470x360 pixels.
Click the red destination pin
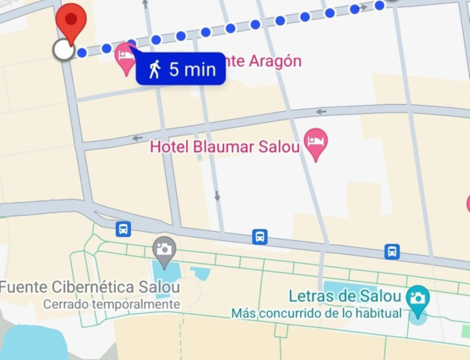click(71, 21)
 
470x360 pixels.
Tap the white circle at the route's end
click(63, 50)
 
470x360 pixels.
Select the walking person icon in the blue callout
click(154, 69)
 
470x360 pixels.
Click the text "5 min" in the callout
click(192, 69)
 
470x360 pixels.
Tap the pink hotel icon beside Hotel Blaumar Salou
click(315, 143)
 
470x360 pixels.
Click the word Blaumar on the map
click(224, 146)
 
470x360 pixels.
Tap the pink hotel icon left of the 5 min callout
click(125, 58)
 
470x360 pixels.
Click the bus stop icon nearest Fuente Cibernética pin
click(123, 229)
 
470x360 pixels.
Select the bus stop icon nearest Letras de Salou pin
click(392, 251)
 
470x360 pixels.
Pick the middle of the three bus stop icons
click(259, 236)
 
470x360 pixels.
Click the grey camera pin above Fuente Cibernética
click(164, 250)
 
